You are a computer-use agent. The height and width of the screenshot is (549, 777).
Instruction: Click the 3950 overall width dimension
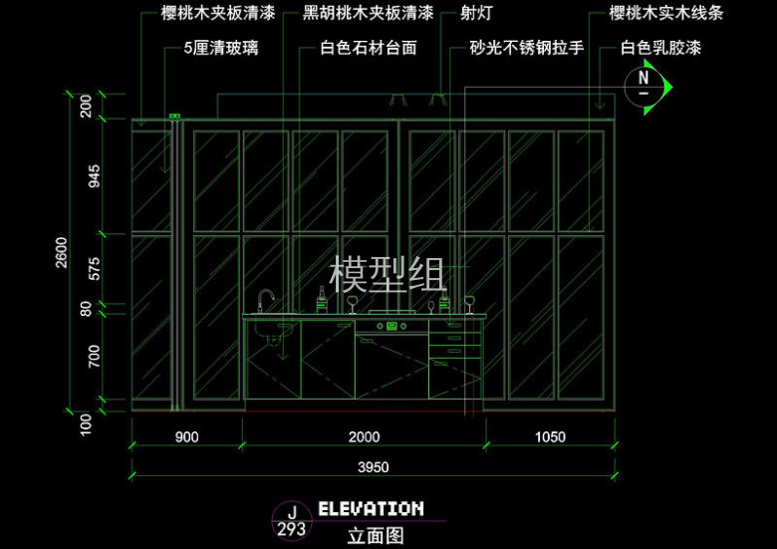point(373,466)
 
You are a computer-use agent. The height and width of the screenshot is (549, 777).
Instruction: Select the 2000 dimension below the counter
point(364,436)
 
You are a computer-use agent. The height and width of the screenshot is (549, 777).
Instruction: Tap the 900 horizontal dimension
point(186,436)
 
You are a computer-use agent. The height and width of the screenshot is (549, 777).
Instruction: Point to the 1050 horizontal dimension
point(550,436)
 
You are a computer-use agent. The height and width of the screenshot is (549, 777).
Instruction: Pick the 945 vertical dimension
point(95,176)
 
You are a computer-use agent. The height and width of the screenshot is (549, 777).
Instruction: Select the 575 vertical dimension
point(95,268)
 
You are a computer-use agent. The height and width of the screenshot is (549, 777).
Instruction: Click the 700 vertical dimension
point(95,356)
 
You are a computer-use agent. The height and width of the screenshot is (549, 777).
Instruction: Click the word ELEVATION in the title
point(371,509)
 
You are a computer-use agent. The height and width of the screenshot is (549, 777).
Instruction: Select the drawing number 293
point(291,529)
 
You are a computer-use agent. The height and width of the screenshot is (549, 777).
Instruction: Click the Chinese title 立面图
point(376,535)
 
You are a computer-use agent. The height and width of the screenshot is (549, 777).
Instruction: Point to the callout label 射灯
point(477,15)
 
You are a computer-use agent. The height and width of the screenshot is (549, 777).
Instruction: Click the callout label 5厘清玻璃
point(220,47)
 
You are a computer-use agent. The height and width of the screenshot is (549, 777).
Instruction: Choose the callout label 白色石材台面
point(368,47)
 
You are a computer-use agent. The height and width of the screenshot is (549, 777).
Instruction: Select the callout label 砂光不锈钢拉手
point(526,47)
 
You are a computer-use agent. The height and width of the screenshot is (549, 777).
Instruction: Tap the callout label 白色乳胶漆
point(660,47)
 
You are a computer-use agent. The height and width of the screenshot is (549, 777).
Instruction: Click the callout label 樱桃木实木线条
point(666,15)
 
